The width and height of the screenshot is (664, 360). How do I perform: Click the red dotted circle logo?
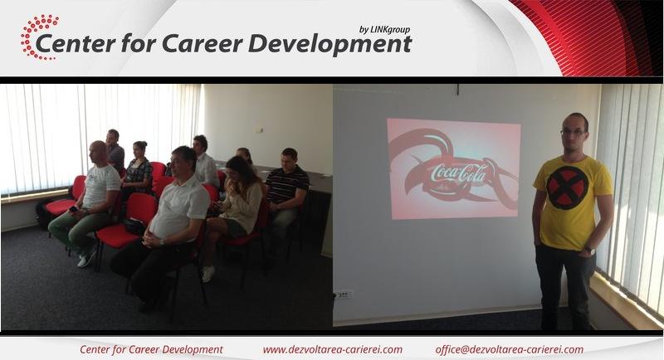coord(39,37)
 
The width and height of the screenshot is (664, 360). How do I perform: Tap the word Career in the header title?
coord(203,44)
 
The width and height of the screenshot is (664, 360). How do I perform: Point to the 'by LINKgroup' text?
coord(384,30)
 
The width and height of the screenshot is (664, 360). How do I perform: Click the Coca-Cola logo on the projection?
coord(458,173)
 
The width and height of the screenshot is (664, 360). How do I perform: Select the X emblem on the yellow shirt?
coord(568,187)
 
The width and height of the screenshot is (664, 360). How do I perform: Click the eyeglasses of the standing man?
coord(573,132)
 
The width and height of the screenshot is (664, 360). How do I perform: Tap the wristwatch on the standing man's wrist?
coord(589,251)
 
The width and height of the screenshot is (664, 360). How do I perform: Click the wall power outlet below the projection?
coord(344,294)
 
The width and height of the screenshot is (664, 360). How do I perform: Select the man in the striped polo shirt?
coord(286,195)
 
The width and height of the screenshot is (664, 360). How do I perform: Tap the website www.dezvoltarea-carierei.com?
coord(333,350)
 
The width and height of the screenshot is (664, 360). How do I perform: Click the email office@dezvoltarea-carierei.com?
coord(509,350)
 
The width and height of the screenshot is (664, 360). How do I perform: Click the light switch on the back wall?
coord(261,130)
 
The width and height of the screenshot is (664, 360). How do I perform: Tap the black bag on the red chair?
coord(134,227)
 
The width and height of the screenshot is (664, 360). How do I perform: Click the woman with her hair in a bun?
coord(137,169)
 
